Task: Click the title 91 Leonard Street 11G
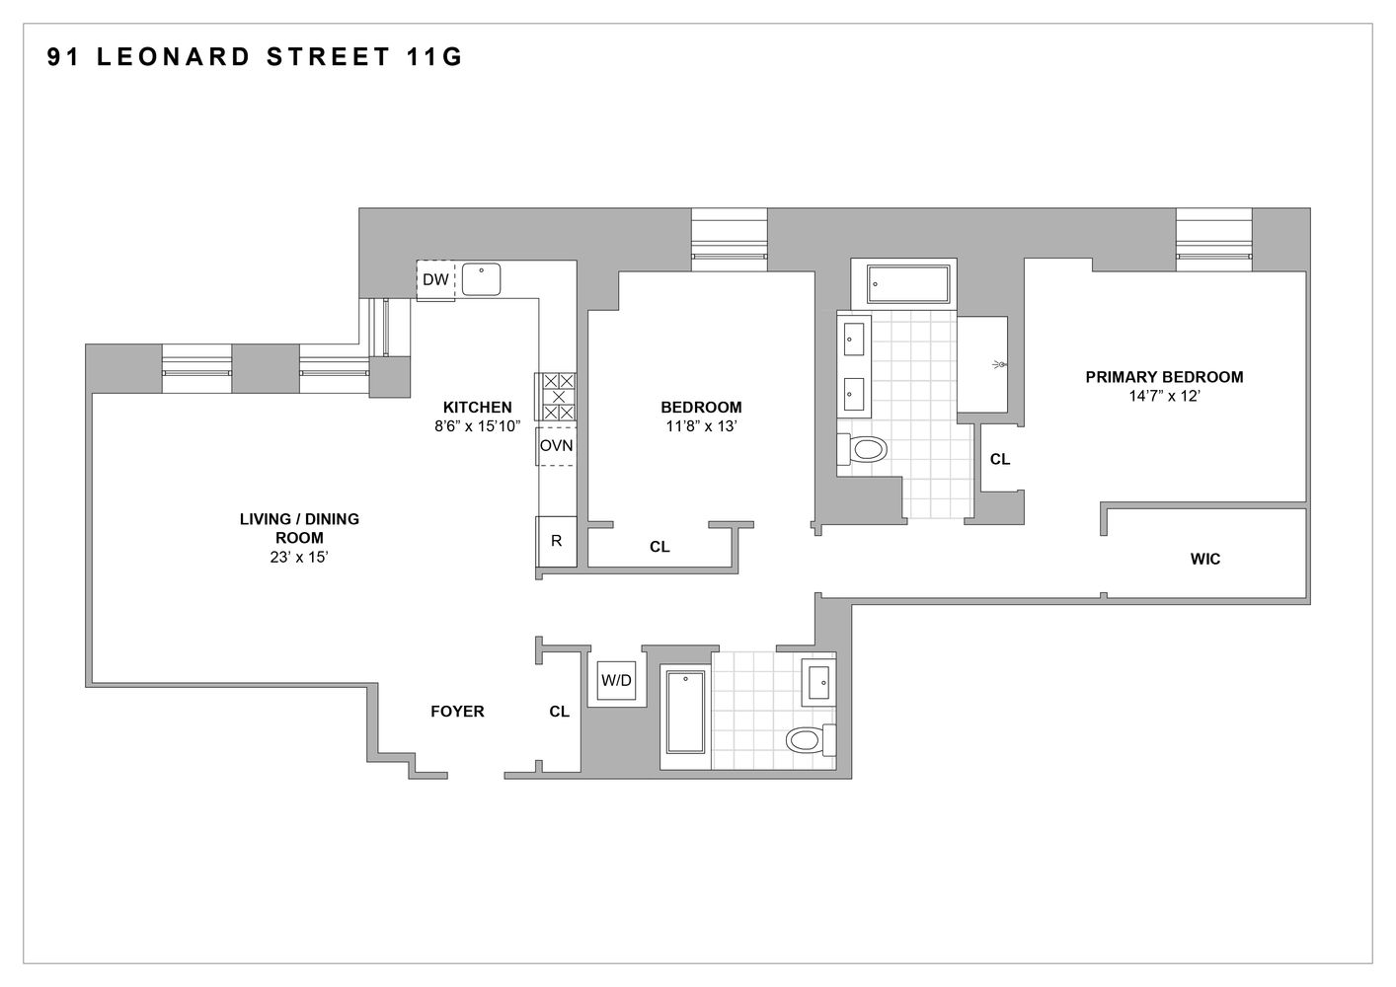tap(255, 57)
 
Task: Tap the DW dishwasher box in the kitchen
tap(435, 280)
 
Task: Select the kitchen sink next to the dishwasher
tap(481, 279)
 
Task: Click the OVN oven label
tap(556, 445)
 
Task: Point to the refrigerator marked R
tap(556, 541)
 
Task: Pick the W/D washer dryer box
tap(617, 680)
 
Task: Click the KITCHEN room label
tap(477, 407)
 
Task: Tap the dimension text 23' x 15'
tap(298, 557)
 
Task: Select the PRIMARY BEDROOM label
tap(1164, 376)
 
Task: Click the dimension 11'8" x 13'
tap(701, 426)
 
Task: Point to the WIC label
tap(1204, 559)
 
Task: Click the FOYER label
tap(457, 711)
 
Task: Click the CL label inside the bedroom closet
tap(659, 546)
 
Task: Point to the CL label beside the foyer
tap(559, 711)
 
